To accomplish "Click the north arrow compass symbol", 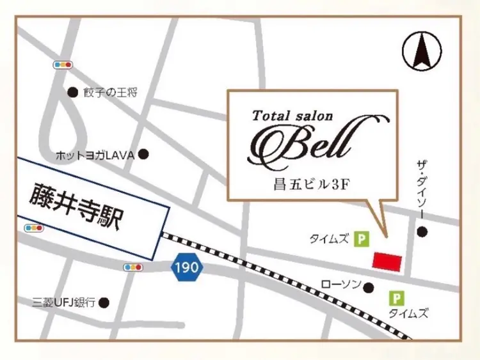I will tap(422, 51).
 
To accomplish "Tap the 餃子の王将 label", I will tap(110, 93).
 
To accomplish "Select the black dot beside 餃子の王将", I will tap(72, 93).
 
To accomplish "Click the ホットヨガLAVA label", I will tap(96, 155).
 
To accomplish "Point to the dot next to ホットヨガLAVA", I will tap(144, 154).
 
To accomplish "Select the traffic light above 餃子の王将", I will tap(62, 65).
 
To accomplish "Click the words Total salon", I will tap(293, 116).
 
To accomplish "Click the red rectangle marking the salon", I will tap(387, 261).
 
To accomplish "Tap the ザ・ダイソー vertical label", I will tap(421, 189).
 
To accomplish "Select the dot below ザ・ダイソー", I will tap(421, 232).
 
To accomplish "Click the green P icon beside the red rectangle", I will tap(363, 240).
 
